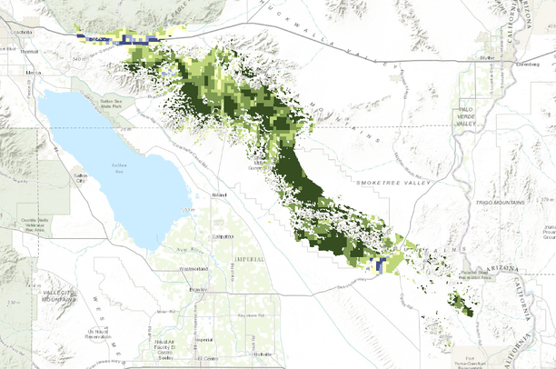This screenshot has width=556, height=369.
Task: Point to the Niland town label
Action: point(218,194)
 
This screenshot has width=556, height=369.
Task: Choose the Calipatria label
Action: point(223,236)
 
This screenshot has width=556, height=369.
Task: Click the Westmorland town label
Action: point(194,270)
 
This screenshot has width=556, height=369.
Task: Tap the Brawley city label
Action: point(195,288)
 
